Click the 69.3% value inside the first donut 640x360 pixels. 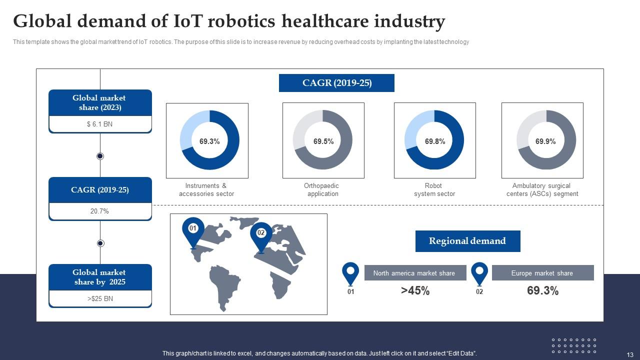point(209,141)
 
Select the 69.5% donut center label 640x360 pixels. point(323,141)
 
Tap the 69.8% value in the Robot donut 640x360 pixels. point(434,141)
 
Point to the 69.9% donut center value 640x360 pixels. point(545,141)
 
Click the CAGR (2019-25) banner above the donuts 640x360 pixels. point(336,83)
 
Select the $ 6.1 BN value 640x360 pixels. point(100,124)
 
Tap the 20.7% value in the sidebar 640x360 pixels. point(100,211)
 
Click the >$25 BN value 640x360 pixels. point(100,298)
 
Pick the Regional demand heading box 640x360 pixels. point(467,241)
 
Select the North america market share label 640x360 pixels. point(414,273)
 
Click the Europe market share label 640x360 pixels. point(542,273)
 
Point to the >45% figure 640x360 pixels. point(415,291)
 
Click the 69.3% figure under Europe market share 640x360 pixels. point(542,291)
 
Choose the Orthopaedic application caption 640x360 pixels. point(322,190)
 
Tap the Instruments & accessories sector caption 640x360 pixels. point(206,190)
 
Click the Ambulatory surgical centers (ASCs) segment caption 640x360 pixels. point(542,190)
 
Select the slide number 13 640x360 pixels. point(629,354)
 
